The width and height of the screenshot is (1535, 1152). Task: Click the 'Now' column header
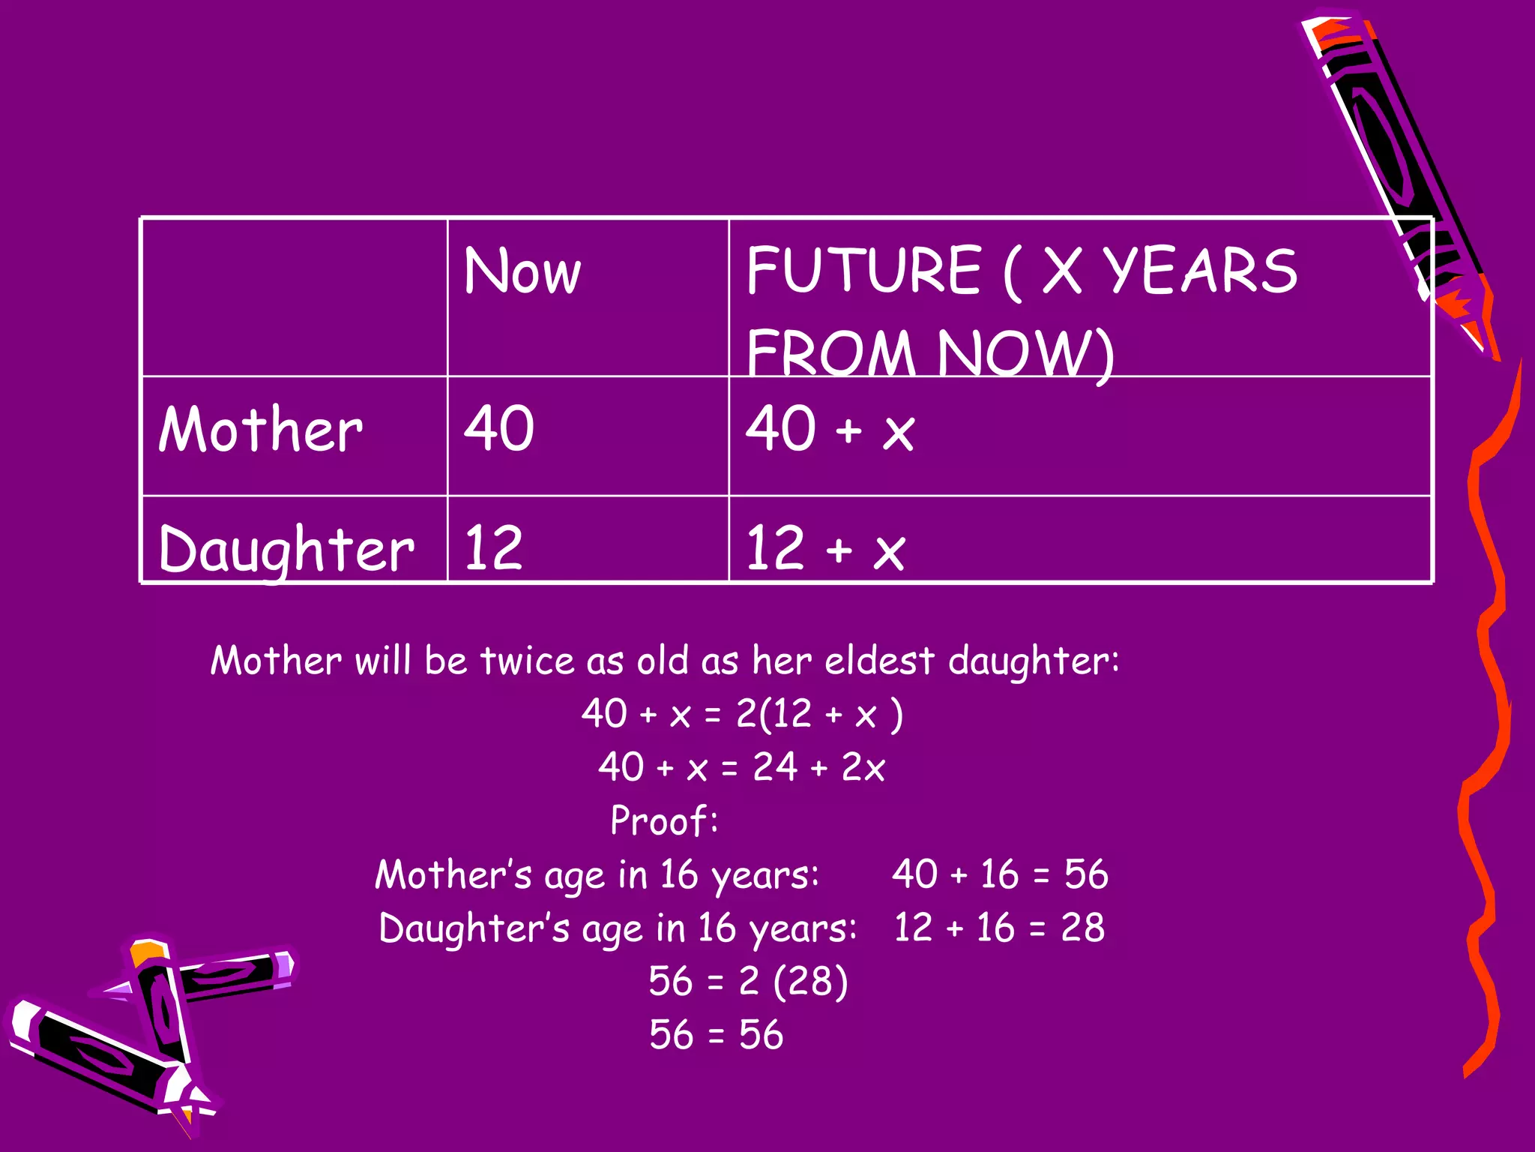pos(522,271)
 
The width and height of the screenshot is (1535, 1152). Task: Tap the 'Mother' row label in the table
pos(260,429)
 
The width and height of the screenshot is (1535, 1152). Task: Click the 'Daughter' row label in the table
pos(286,548)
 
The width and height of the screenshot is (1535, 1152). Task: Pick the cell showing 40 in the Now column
pos(499,428)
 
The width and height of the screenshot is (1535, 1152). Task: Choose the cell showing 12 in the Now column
pos(493,547)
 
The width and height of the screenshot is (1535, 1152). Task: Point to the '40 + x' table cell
pos(830,429)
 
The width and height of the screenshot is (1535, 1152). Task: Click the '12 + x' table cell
pos(825,548)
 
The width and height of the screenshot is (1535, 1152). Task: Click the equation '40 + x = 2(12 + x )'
pos(742,713)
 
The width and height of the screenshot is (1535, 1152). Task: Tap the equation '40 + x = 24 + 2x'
pos(741,767)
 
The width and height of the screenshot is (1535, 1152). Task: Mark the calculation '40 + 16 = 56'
pos(1000,874)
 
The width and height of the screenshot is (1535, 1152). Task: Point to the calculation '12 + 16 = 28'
pos(999,928)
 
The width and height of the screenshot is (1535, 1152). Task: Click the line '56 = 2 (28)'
pos(748,981)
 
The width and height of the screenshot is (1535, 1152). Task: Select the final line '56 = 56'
pos(716,1035)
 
